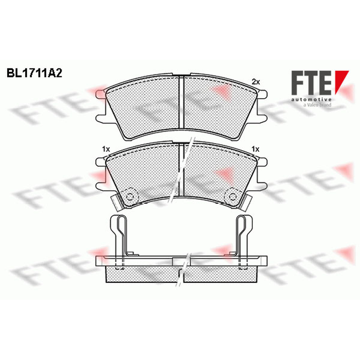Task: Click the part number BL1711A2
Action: pyautogui.click(x=35, y=73)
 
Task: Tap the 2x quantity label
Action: pyautogui.click(x=256, y=82)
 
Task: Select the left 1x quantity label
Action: pyautogui.click(x=106, y=149)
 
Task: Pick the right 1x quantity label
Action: pyautogui.click(x=255, y=149)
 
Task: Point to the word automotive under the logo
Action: pyautogui.click(x=311, y=99)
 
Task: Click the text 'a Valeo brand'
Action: pyautogui.click(x=317, y=105)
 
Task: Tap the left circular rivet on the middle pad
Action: pyautogui.click(x=130, y=197)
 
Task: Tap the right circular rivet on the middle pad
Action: pyautogui.click(x=233, y=197)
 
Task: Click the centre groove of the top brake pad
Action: pyautogui.click(x=181, y=102)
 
